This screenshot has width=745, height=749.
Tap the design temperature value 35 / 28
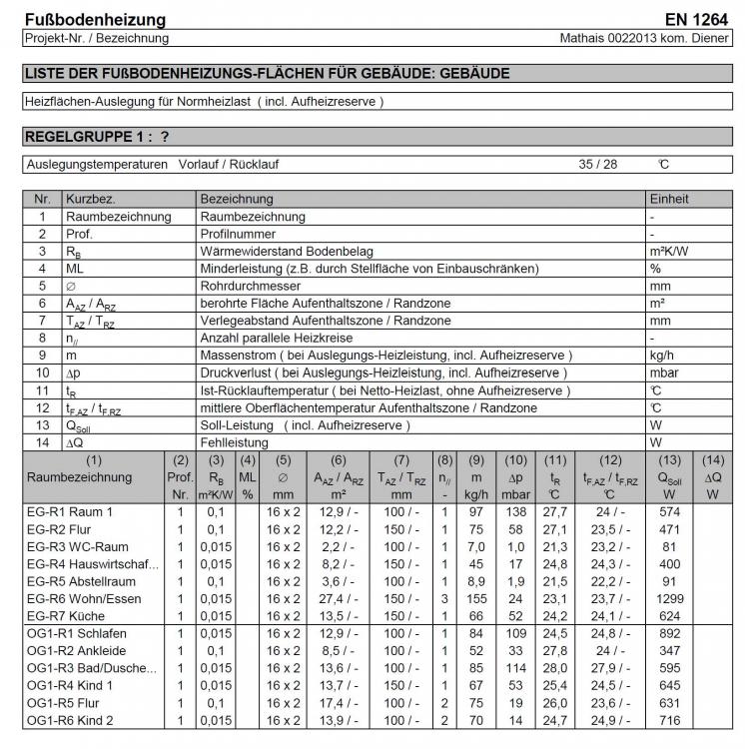(599, 165)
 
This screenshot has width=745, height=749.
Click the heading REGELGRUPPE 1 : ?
(96, 136)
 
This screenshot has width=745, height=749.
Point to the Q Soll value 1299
(668, 598)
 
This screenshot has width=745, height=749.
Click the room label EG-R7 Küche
(66, 616)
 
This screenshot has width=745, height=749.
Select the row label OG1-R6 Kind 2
(70, 721)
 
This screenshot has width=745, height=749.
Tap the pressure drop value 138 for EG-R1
(516, 511)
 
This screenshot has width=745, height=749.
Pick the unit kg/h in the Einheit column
(663, 355)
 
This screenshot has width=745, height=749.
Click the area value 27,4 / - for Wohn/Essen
(338, 598)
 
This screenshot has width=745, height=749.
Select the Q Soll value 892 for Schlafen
(669, 633)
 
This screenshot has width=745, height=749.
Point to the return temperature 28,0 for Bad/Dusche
(554, 668)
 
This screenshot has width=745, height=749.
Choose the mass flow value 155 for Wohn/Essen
(477, 598)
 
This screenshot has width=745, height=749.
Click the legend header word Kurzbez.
(92, 199)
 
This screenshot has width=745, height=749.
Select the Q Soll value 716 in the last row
(669, 721)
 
